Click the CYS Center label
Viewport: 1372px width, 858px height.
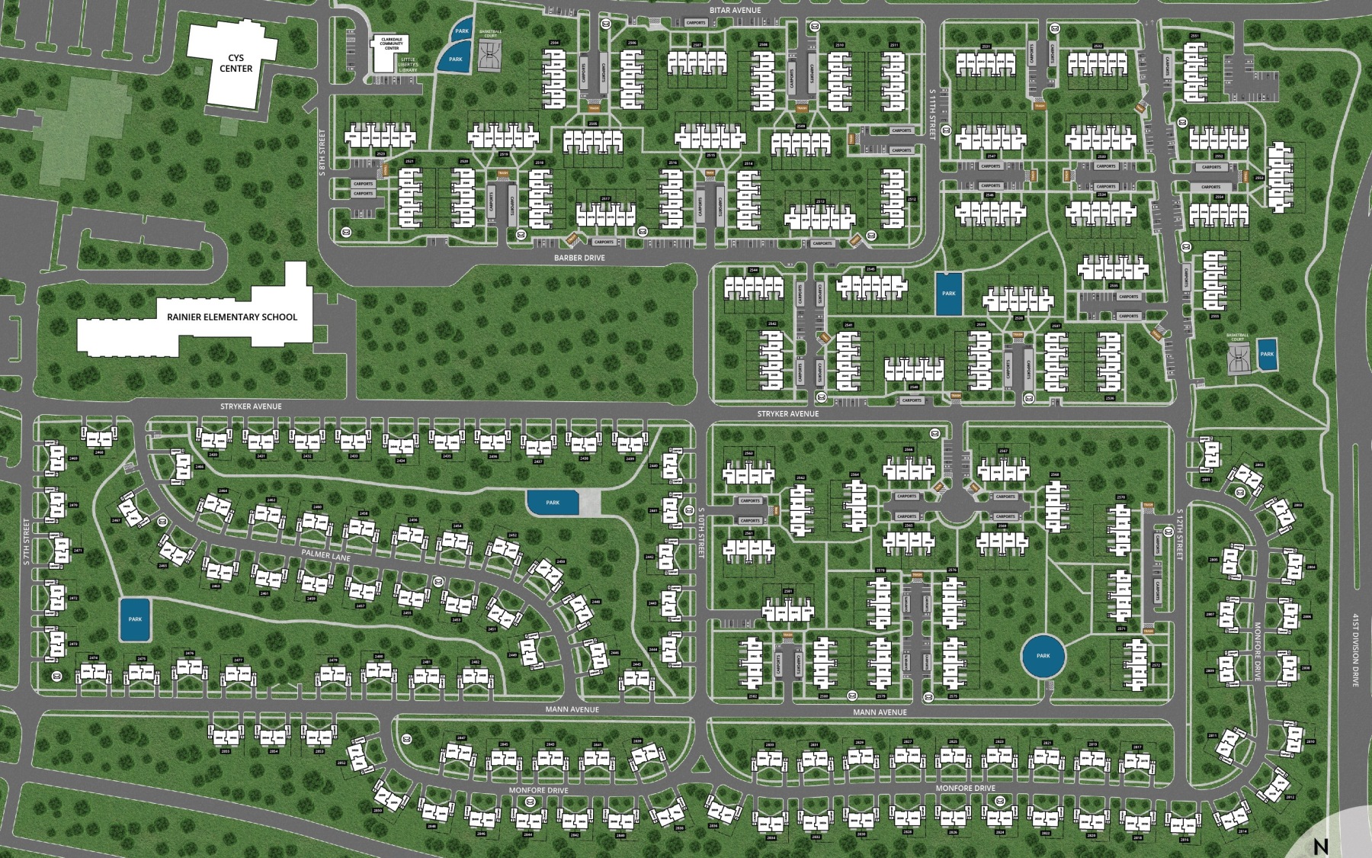click(x=236, y=63)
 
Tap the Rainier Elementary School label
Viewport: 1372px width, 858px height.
click(x=232, y=317)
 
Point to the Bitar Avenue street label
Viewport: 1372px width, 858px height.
click(x=735, y=11)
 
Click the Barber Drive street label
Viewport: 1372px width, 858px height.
click(x=579, y=258)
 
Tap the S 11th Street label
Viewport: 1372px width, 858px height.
click(x=932, y=113)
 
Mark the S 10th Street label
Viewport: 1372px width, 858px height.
click(x=702, y=534)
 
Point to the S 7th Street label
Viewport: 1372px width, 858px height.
click(x=26, y=541)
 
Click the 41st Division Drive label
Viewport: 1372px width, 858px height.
click(x=1355, y=648)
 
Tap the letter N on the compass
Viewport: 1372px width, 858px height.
click(x=1321, y=846)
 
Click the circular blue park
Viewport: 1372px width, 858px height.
click(x=1043, y=656)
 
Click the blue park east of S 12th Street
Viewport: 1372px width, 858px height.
click(x=1267, y=355)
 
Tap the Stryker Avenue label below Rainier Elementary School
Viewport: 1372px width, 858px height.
click(x=252, y=407)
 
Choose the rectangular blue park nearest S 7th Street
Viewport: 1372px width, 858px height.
click(x=135, y=619)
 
